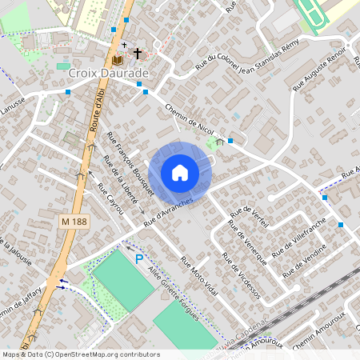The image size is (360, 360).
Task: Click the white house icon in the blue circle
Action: [180, 172]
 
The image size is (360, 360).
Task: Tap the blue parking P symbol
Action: [139, 258]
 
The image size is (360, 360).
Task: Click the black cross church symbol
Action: [137, 54]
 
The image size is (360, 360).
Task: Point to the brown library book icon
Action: [118, 59]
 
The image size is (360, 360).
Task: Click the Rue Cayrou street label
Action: [111, 198]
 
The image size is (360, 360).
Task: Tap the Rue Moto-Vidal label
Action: [199, 276]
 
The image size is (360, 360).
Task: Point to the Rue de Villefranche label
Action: [300, 236]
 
